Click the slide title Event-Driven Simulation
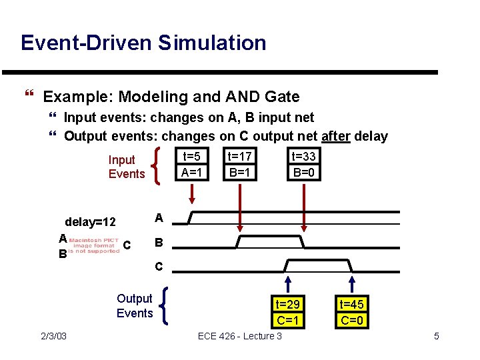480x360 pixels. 143,43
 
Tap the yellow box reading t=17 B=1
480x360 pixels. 239,164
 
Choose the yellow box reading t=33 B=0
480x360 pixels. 304,164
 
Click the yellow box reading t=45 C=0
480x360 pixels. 351,312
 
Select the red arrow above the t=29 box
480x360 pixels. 289,285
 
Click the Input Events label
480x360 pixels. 126,167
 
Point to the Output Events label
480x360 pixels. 134,305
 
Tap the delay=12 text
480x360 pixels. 90,221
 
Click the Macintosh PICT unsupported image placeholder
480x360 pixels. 93,245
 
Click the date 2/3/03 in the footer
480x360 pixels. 53,335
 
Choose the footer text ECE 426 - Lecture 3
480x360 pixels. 239,335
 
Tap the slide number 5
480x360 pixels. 436,335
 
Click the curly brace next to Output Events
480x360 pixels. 164,306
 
